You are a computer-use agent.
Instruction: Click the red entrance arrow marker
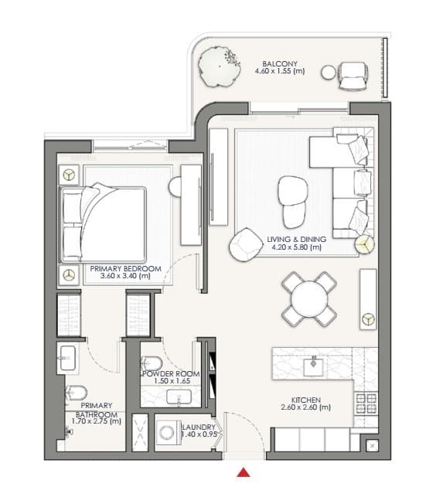point(244,472)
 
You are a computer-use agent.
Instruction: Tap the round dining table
point(309,299)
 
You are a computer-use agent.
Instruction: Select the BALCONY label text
point(280,63)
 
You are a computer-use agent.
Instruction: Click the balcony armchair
point(353,77)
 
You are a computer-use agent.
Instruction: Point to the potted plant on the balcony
point(220,66)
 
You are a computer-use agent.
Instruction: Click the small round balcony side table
point(329,73)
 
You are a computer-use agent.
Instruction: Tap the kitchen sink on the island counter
point(314,366)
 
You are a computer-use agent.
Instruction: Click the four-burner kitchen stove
point(366,404)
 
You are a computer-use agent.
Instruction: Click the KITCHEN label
point(306,400)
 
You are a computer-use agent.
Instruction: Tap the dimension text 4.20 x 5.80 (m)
point(297,247)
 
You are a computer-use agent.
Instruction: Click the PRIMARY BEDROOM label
point(125,268)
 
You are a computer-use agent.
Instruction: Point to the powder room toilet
point(152,363)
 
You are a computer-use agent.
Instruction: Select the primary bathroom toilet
point(76,393)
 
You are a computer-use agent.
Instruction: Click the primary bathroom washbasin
point(68,358)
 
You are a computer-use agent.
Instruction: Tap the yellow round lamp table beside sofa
point(364,244)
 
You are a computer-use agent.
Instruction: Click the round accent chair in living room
point(246,244)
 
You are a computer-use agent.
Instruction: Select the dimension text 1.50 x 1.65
point(172,381)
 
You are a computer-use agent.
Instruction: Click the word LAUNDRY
point(199,427)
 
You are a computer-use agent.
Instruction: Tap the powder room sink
point(179,397)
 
